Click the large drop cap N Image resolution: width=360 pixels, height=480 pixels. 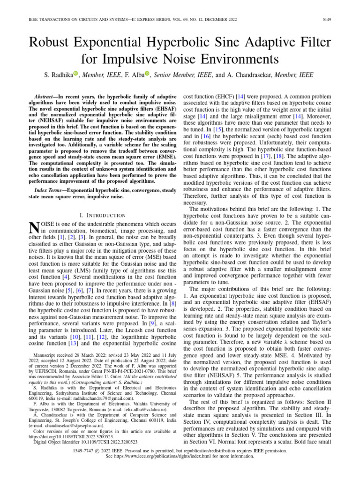pos(33,227)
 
